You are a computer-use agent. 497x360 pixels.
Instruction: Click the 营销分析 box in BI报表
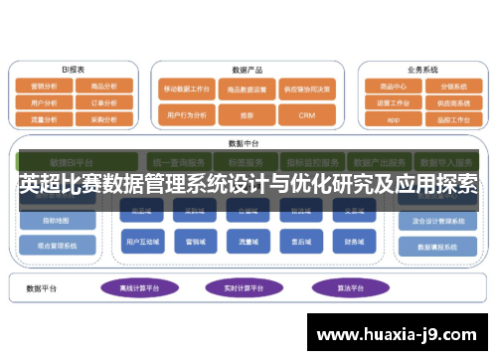pos(45,87)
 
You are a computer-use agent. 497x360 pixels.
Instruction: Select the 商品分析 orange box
pos(102,87)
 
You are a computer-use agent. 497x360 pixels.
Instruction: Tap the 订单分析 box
pos(102,101)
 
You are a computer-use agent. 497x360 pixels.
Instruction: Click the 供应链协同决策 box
pos(305,89)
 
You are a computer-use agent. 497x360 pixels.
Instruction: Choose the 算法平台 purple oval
pos(335,287)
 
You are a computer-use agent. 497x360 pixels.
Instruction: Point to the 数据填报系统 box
pos(436,247)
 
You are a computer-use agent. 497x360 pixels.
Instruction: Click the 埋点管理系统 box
pos(59,245)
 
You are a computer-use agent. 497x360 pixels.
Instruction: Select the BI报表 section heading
pos(73,70)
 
